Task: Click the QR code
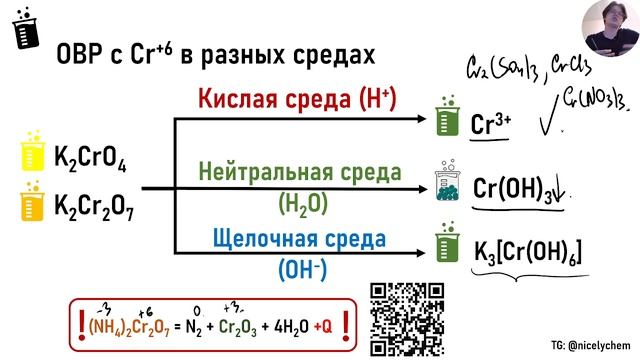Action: (x=407, y=317)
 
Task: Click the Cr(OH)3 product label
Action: (x=512, y=189)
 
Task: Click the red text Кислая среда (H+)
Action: (x=297, y=99)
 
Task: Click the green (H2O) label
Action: (x=299, y=201)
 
